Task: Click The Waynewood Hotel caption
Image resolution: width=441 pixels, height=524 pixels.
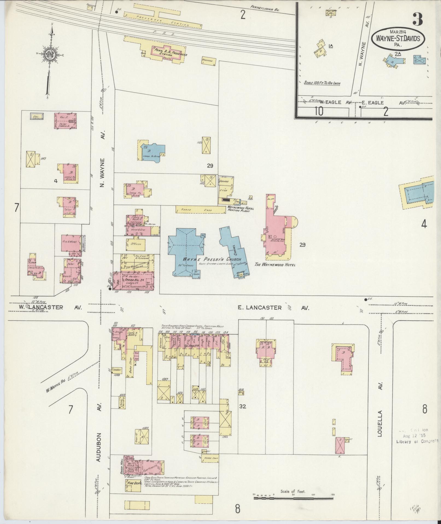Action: pos(275,265)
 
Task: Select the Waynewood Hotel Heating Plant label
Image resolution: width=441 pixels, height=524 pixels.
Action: pos(241,209)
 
